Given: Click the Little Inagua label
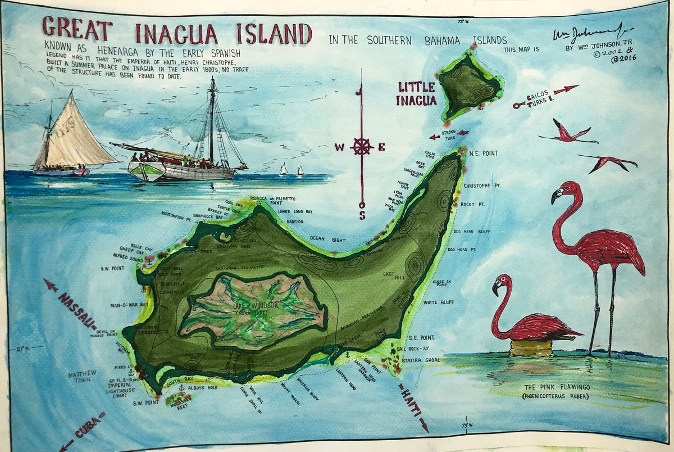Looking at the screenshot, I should click(416, 93).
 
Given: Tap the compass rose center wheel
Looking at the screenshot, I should click(362, 147).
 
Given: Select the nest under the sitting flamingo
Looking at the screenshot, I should click(531, 347).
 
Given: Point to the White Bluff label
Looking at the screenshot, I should click(438, 302).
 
